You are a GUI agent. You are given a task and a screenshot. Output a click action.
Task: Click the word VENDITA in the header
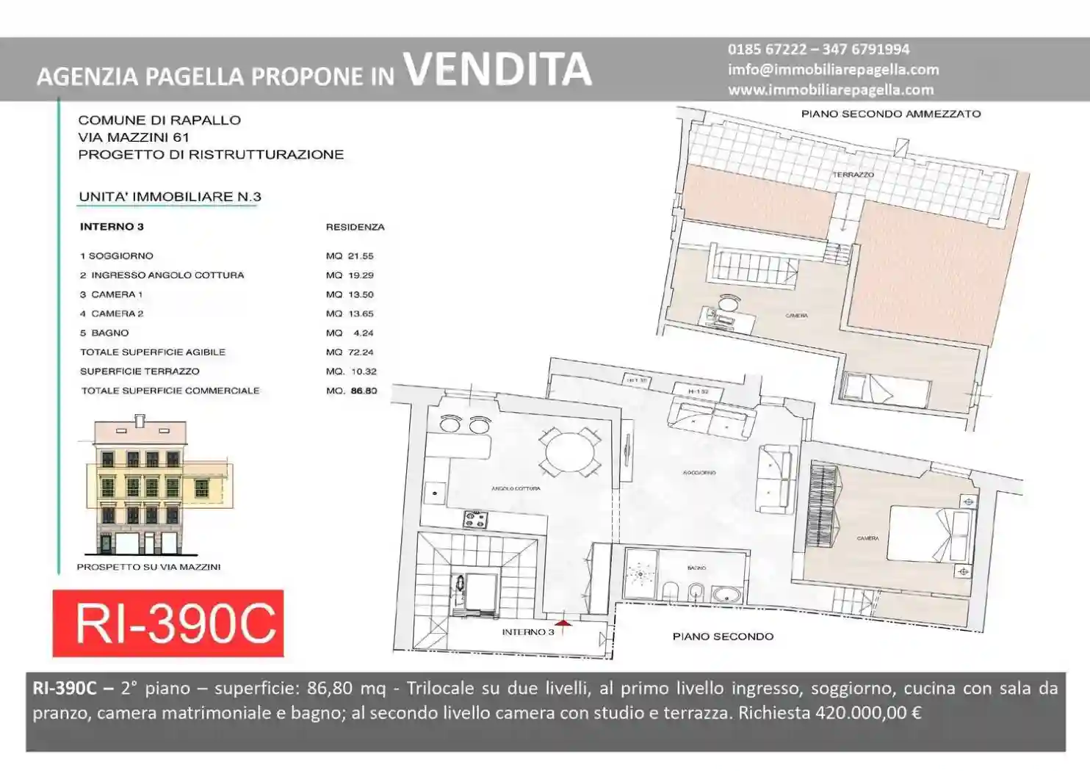[x=497, y=69]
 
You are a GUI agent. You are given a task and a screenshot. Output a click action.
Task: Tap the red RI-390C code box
[x=168, y=623]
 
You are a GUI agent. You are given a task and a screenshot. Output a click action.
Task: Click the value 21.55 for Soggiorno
[x=361, y=256]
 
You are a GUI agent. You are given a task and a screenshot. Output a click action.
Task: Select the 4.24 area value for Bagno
[x=364, y=333]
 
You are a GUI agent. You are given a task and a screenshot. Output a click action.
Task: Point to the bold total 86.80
[x=364, y=391]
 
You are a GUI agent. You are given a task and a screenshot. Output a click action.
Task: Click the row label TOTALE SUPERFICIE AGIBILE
[x=153, y=352]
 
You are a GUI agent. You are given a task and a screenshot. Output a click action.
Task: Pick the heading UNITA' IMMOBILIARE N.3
[x=170, y=197]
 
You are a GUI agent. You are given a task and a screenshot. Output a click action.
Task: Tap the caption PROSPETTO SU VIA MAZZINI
[x=148, y=567]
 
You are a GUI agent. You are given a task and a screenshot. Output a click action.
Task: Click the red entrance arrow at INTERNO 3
[x=563, y=624]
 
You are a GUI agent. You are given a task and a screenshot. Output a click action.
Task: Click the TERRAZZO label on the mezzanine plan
[x=853, y=175]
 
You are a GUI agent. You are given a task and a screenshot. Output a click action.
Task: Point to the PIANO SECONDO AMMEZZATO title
[x=890, y=114]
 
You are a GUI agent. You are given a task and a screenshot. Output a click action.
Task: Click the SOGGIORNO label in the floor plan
[x=699, y=473]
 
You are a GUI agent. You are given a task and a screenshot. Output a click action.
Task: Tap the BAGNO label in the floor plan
[x=696, y=568]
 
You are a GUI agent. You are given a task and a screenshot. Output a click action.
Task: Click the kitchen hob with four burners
[x=475, y=520]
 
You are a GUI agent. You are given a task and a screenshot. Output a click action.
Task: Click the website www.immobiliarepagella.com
[x=831, y=90]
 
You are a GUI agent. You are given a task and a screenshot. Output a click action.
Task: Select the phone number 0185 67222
[x=767, y=49]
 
